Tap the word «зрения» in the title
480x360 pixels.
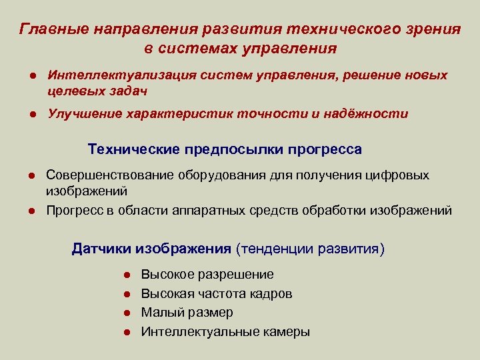tap(431, 30)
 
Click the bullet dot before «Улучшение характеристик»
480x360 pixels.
tap(31, 114)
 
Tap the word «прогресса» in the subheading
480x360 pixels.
tap(325, 149)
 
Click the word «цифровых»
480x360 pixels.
tap(403, 175)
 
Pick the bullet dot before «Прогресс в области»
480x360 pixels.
tap(31, 211)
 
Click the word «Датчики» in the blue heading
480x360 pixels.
tap(102, 249)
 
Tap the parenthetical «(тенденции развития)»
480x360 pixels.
tap(310, 249)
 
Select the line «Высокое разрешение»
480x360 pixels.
tap(207, 275)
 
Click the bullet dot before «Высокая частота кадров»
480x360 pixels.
tap(126, 294)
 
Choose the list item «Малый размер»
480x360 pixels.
tap(187, 313)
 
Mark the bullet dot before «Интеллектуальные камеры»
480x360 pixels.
tap(126, 332)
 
